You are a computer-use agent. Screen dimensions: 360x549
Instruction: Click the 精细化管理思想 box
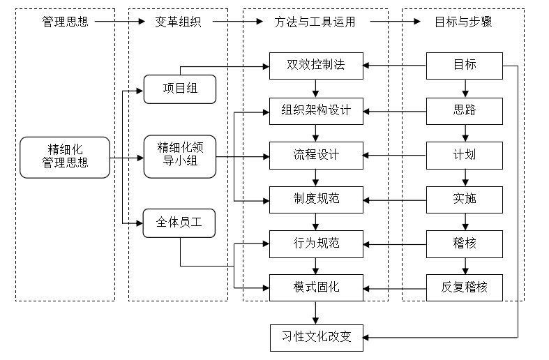point(65,157)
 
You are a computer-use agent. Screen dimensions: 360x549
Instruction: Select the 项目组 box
point(179,89)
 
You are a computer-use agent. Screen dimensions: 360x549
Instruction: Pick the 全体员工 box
point(179,223)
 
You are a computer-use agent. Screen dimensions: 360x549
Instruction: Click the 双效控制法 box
point(316,66)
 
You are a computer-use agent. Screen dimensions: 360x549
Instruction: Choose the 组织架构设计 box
point(316,110)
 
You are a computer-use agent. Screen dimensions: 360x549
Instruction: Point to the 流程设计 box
point(316,155)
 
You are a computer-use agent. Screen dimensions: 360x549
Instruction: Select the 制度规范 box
point(316,199)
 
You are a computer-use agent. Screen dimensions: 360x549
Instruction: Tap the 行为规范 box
point(316,243)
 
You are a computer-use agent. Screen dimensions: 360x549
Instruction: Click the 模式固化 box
point(316,287)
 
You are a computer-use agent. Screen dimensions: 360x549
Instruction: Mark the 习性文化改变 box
point(316,337)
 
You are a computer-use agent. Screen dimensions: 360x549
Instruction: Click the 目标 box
point(465,66)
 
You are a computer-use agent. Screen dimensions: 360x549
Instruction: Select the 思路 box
point(465,110)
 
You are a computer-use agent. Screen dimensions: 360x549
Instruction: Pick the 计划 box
point(465,155)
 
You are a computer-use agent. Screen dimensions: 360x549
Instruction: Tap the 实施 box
point(465,199)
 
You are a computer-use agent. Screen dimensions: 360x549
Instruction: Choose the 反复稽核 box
point(465,287)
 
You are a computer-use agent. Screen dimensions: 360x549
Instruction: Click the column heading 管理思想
point(65,22)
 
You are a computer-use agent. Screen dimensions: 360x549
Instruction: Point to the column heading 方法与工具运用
point(315,22)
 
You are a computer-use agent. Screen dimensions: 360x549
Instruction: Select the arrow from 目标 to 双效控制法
point(395,66)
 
